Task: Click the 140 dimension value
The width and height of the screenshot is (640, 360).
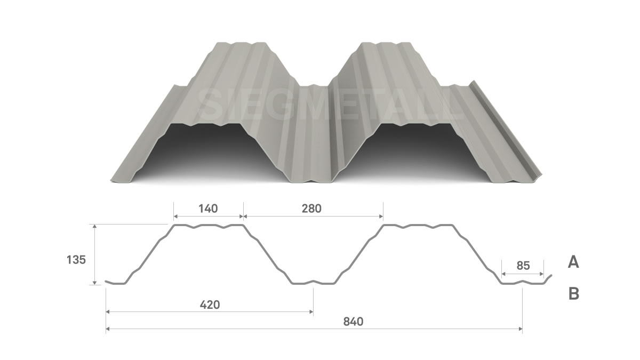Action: coord(208,209)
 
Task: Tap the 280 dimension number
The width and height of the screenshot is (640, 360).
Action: coord(311,209)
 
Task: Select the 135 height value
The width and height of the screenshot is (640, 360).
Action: coord(76,260)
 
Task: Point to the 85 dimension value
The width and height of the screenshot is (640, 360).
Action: coord(523,266)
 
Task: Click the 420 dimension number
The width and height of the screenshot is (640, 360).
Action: coord(210,305)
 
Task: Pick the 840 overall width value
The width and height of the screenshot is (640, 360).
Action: coord(353,322)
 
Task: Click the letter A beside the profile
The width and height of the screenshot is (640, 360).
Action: coord(573,262)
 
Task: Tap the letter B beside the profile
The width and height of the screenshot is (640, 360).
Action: coord(574,293)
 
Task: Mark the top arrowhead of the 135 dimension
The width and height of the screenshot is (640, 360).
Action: coord(95,226)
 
